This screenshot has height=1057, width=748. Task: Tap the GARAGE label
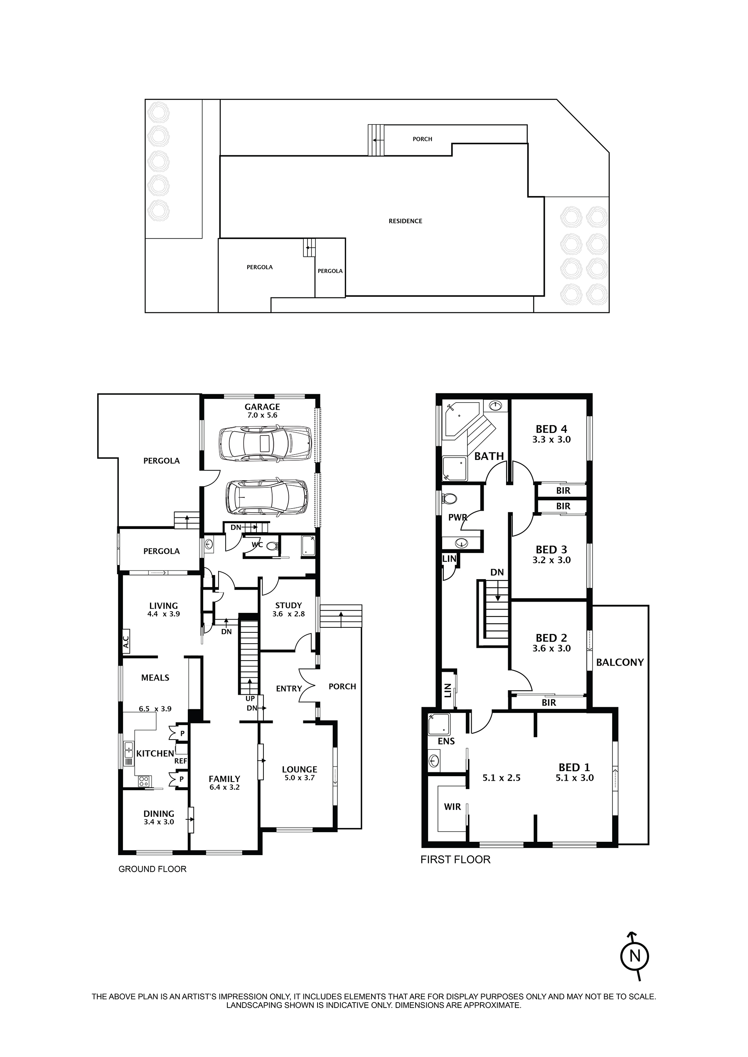point(262,407)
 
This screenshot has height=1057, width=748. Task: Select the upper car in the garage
point(265,443)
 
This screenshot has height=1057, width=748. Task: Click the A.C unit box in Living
point(126,641)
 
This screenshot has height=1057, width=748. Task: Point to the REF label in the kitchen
point(180,761)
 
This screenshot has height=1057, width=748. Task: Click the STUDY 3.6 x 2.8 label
point(288,610)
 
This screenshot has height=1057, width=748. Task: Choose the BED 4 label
point(551,429)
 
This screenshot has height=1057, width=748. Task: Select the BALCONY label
point(620,662)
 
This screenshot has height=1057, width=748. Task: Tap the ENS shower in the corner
point(438,724)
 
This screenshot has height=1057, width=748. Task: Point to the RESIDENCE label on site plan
point(405,221)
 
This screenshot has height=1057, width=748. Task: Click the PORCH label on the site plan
point(422,139)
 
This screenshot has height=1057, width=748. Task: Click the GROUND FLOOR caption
point(153,869)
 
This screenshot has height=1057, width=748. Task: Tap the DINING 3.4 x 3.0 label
point(159,818)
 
